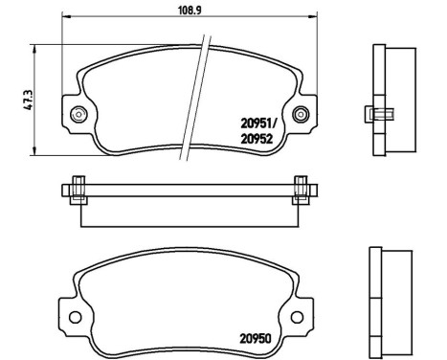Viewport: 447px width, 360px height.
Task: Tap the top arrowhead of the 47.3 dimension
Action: [x=34, y=48]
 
